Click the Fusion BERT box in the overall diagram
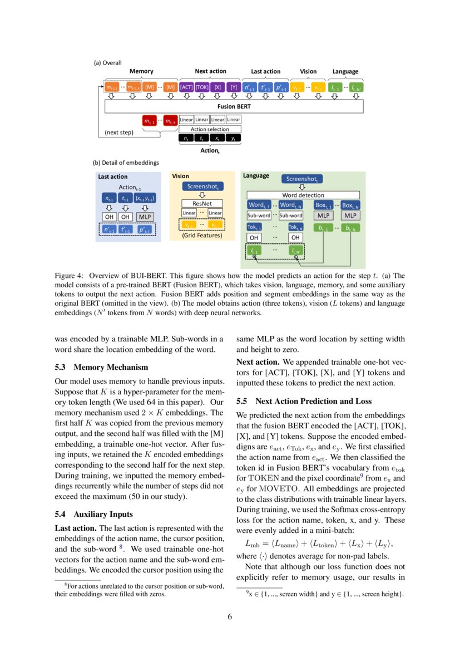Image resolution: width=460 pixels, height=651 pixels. click(x=234, y=106)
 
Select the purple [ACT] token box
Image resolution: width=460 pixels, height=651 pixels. click(x=186, y=87)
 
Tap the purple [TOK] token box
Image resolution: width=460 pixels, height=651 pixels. click(x=202, y=87)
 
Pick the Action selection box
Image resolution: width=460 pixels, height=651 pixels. click(x=210, y=129)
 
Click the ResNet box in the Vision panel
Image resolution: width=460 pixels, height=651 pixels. click(x=202, y=203)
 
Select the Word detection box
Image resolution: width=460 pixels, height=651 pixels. click(x=303, y=195)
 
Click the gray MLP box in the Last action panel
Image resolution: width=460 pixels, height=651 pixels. click(x=144, y=217)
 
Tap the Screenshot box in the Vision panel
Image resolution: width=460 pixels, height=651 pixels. click(x=202, y=187)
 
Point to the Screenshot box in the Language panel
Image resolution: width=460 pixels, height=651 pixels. click(x=302, y=179)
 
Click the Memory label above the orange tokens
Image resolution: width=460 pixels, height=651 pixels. click(x=141, y=71)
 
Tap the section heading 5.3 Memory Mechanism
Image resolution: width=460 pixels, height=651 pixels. click(x=101, y=367)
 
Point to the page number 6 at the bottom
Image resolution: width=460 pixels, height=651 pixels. click(x=230, y=616)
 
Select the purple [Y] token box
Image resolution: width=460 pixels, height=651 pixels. click(x=234, y=87)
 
